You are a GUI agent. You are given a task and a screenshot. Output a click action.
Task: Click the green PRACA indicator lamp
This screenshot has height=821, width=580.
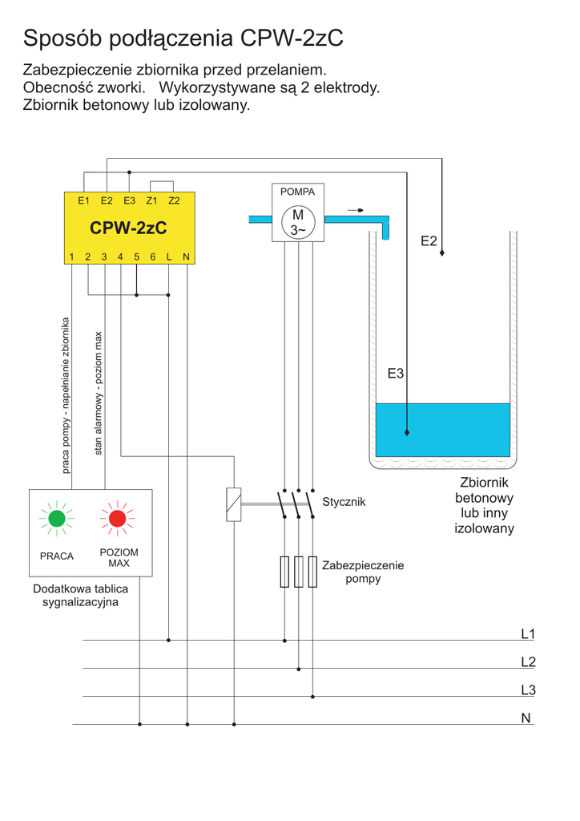click(x=57, y=518)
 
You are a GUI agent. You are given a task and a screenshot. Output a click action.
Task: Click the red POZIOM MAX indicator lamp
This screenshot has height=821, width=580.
click(x=118, y=518)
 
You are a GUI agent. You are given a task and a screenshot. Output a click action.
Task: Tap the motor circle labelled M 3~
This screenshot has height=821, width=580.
click(x=298, y=222)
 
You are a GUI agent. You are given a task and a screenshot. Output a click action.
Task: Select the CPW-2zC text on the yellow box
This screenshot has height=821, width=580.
click(x=128, y=229)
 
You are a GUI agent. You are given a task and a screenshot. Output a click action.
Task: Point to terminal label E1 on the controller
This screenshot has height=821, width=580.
click(x=83, y=200)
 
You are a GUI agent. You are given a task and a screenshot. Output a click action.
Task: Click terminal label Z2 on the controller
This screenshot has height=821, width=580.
click(x=174, y=200)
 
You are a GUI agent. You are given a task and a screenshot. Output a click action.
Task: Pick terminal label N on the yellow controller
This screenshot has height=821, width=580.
click(x=186, y=257)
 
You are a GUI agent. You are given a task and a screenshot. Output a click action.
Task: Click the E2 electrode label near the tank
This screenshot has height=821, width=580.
click(x=429, y=241)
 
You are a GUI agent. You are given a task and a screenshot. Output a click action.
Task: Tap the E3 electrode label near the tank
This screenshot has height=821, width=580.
click(x=395, y=373)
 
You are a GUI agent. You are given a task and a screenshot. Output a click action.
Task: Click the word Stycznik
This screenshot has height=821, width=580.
click(x=344, y=502)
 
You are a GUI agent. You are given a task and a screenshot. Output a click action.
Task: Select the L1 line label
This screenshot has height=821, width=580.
click(x=527, y=634)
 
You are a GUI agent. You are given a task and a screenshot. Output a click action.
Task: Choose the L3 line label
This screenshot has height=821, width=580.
click(x=527, y=690)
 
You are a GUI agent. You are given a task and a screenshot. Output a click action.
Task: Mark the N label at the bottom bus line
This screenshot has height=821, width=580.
click(x=526, y=718)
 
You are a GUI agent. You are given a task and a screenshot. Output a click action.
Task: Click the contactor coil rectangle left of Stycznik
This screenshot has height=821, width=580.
click(x=233, y=504)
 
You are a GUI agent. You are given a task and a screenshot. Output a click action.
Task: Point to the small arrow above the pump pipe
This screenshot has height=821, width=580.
click(x=355, y=210)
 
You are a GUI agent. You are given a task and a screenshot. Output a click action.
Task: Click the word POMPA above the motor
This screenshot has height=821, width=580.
click(x=297, y=192)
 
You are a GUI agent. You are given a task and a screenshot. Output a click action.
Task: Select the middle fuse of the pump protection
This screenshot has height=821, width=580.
click(x=299, y=571)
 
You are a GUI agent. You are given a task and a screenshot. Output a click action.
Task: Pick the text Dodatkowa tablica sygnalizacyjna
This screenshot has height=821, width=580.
click(x=80, y=596)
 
